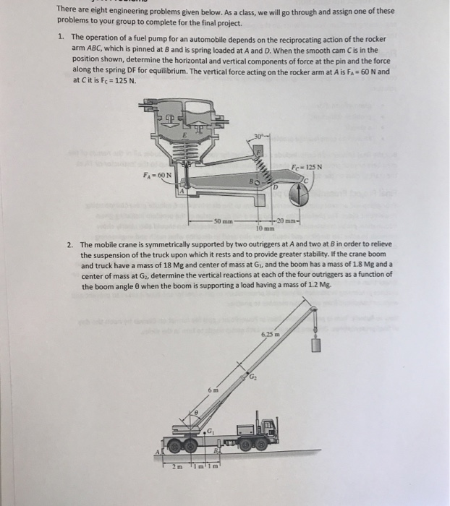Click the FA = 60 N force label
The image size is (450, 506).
[157, 174]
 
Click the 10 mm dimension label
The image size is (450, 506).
[265, 227]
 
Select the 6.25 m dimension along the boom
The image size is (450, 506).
[270, 335]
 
